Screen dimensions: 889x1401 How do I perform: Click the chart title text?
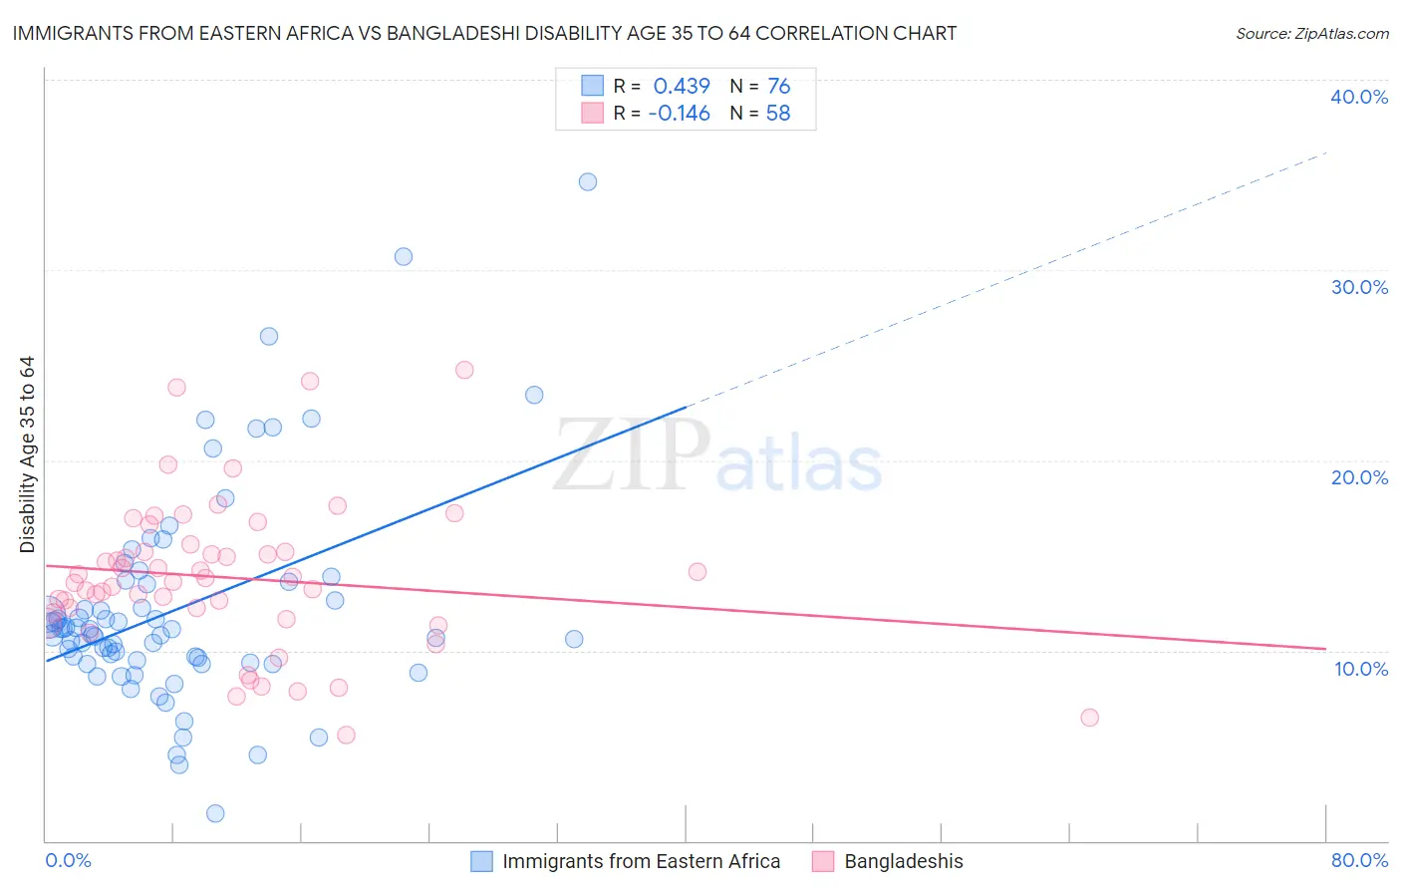(x=484, y=33)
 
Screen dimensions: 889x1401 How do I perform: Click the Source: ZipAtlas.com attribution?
(x=1311, y=33)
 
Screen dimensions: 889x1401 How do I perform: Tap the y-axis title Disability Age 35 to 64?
(x=27, y=454)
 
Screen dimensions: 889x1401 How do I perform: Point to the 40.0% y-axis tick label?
(x=1359, y=97)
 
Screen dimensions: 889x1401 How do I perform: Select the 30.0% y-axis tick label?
(x=1359, y=287)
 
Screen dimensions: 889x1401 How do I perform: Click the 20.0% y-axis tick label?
(x=1359, y=477)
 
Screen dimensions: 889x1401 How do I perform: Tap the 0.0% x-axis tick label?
(x=68, y=860)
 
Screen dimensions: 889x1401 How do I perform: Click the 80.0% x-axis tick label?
(x=1359, y=860)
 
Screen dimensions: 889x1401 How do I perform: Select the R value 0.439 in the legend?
(x=682, y=86)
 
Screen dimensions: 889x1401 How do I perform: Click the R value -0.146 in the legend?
(x=679, y=114)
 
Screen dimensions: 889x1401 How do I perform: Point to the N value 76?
(x=778, y=86)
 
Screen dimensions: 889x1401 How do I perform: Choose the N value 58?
(x=777, y=114)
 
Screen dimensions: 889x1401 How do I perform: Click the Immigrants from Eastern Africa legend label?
(x=641, y=861)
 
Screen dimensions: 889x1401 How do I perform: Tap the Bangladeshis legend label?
(x=903, y=861)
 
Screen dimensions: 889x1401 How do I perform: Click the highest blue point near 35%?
(x=588, y=181)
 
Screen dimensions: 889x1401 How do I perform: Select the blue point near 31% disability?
(x=404, y=256)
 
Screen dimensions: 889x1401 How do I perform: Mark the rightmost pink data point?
(x=1089, y=718)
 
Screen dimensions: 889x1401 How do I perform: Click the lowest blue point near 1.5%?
(x=215, y=813)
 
